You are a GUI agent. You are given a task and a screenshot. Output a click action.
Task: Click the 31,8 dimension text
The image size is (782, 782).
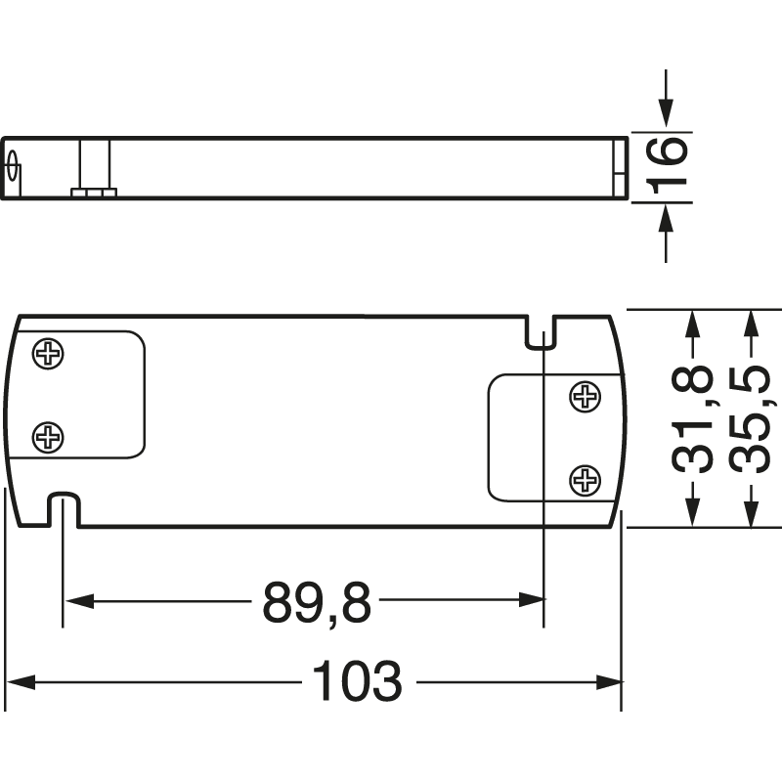tap(692, 420)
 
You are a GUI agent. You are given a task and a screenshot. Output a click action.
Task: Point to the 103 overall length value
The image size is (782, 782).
tap(357, 681)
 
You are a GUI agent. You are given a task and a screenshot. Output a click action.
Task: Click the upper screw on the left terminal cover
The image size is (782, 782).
tap(48, 354)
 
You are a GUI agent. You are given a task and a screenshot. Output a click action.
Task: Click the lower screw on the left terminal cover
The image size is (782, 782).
tap(48, 437)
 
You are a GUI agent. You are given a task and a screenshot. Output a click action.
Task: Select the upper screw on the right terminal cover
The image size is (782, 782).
tap(585, 396)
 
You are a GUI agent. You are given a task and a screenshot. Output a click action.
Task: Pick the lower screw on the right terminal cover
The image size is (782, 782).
tap(585, 479)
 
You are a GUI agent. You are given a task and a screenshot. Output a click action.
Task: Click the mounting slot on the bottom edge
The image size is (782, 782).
tap(64, 509)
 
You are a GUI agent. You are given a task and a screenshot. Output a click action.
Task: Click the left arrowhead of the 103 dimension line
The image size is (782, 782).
tap(18, 681)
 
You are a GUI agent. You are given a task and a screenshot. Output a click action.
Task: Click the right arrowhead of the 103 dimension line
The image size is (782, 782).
tap(611, 681)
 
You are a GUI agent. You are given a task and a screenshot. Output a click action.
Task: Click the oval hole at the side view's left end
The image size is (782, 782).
tap(14, 167)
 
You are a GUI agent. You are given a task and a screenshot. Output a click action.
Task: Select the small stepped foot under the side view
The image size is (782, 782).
tap(94, 194)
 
